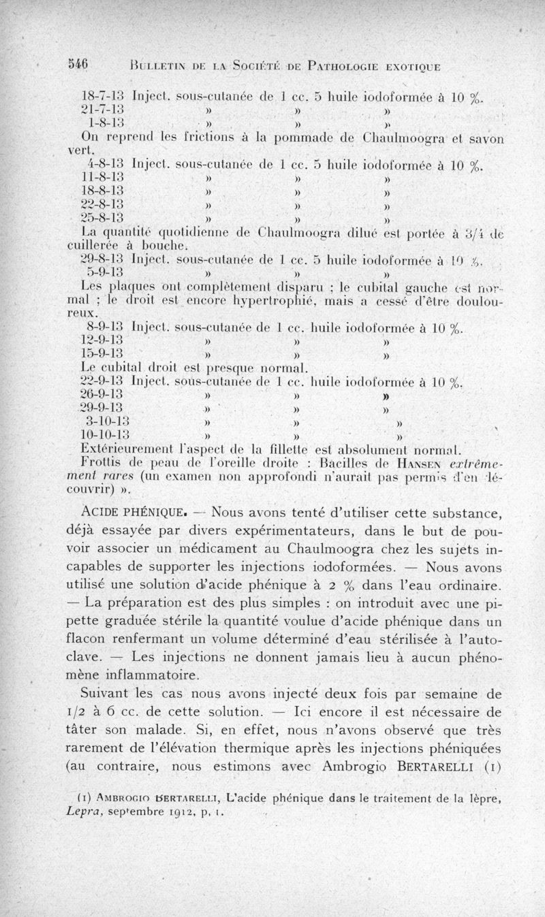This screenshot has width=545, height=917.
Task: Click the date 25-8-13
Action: pos(102,219)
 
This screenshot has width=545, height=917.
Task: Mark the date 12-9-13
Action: pos(102,340)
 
